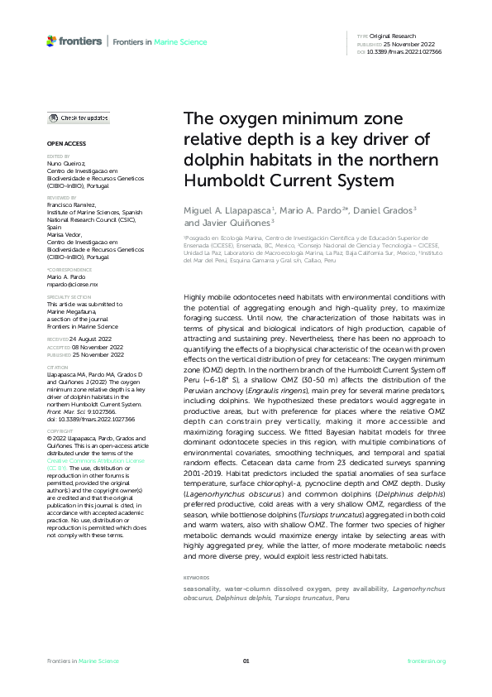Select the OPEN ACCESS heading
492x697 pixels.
60,143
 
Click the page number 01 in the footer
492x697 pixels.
246,661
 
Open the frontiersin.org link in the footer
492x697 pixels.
427,661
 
